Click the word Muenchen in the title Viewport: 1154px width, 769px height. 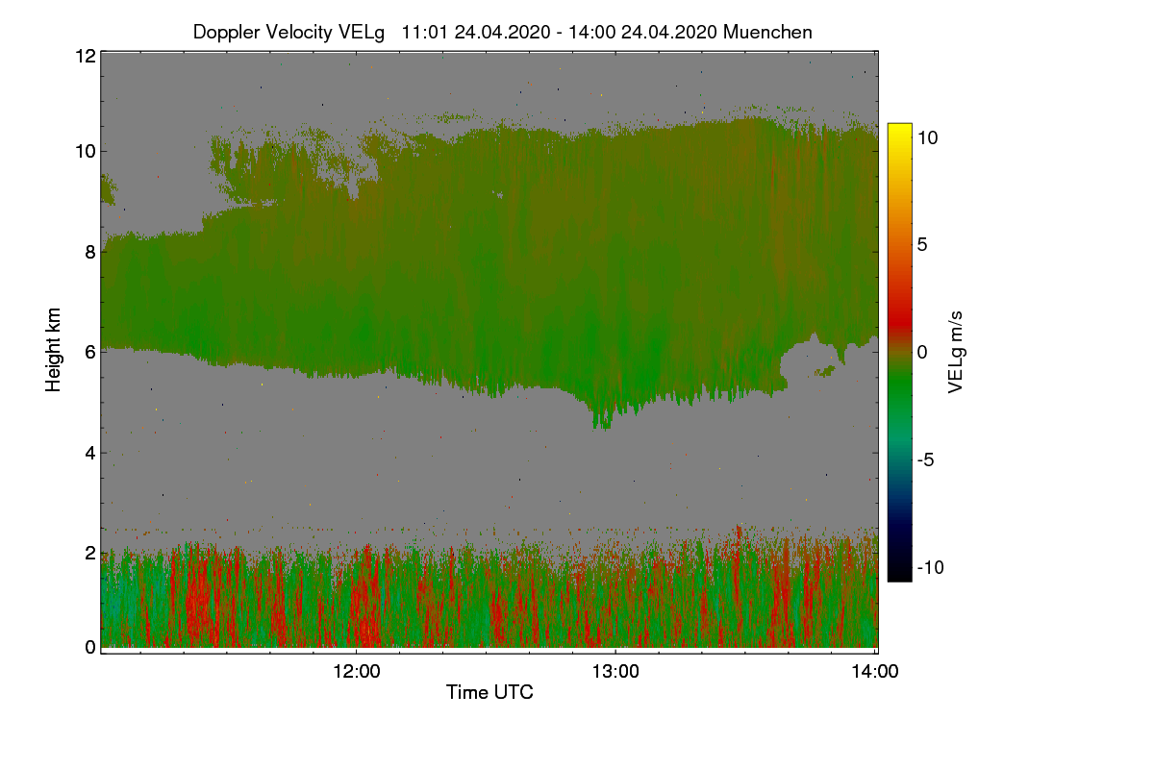pos(767,32)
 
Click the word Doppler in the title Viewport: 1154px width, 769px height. pos(228,32)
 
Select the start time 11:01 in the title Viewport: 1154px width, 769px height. pos(423,32)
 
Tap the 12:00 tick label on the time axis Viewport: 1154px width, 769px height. pos(356,672)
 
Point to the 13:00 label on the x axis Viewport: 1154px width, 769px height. pos(615,672)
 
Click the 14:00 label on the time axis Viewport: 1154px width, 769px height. pos(874,672)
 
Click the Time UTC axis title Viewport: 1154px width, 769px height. pos(489,692)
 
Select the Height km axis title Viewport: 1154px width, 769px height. pos(54,349)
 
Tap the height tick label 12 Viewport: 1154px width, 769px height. pos(85,56)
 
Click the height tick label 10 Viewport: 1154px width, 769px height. pos(85,151)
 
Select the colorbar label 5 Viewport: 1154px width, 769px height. pos(921,244)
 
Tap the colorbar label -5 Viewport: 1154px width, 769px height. pos(925,459)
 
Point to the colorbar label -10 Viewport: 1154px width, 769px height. pos(930,567)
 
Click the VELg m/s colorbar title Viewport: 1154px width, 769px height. pos(956,352)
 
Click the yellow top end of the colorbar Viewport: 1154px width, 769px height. pos(899,129)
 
